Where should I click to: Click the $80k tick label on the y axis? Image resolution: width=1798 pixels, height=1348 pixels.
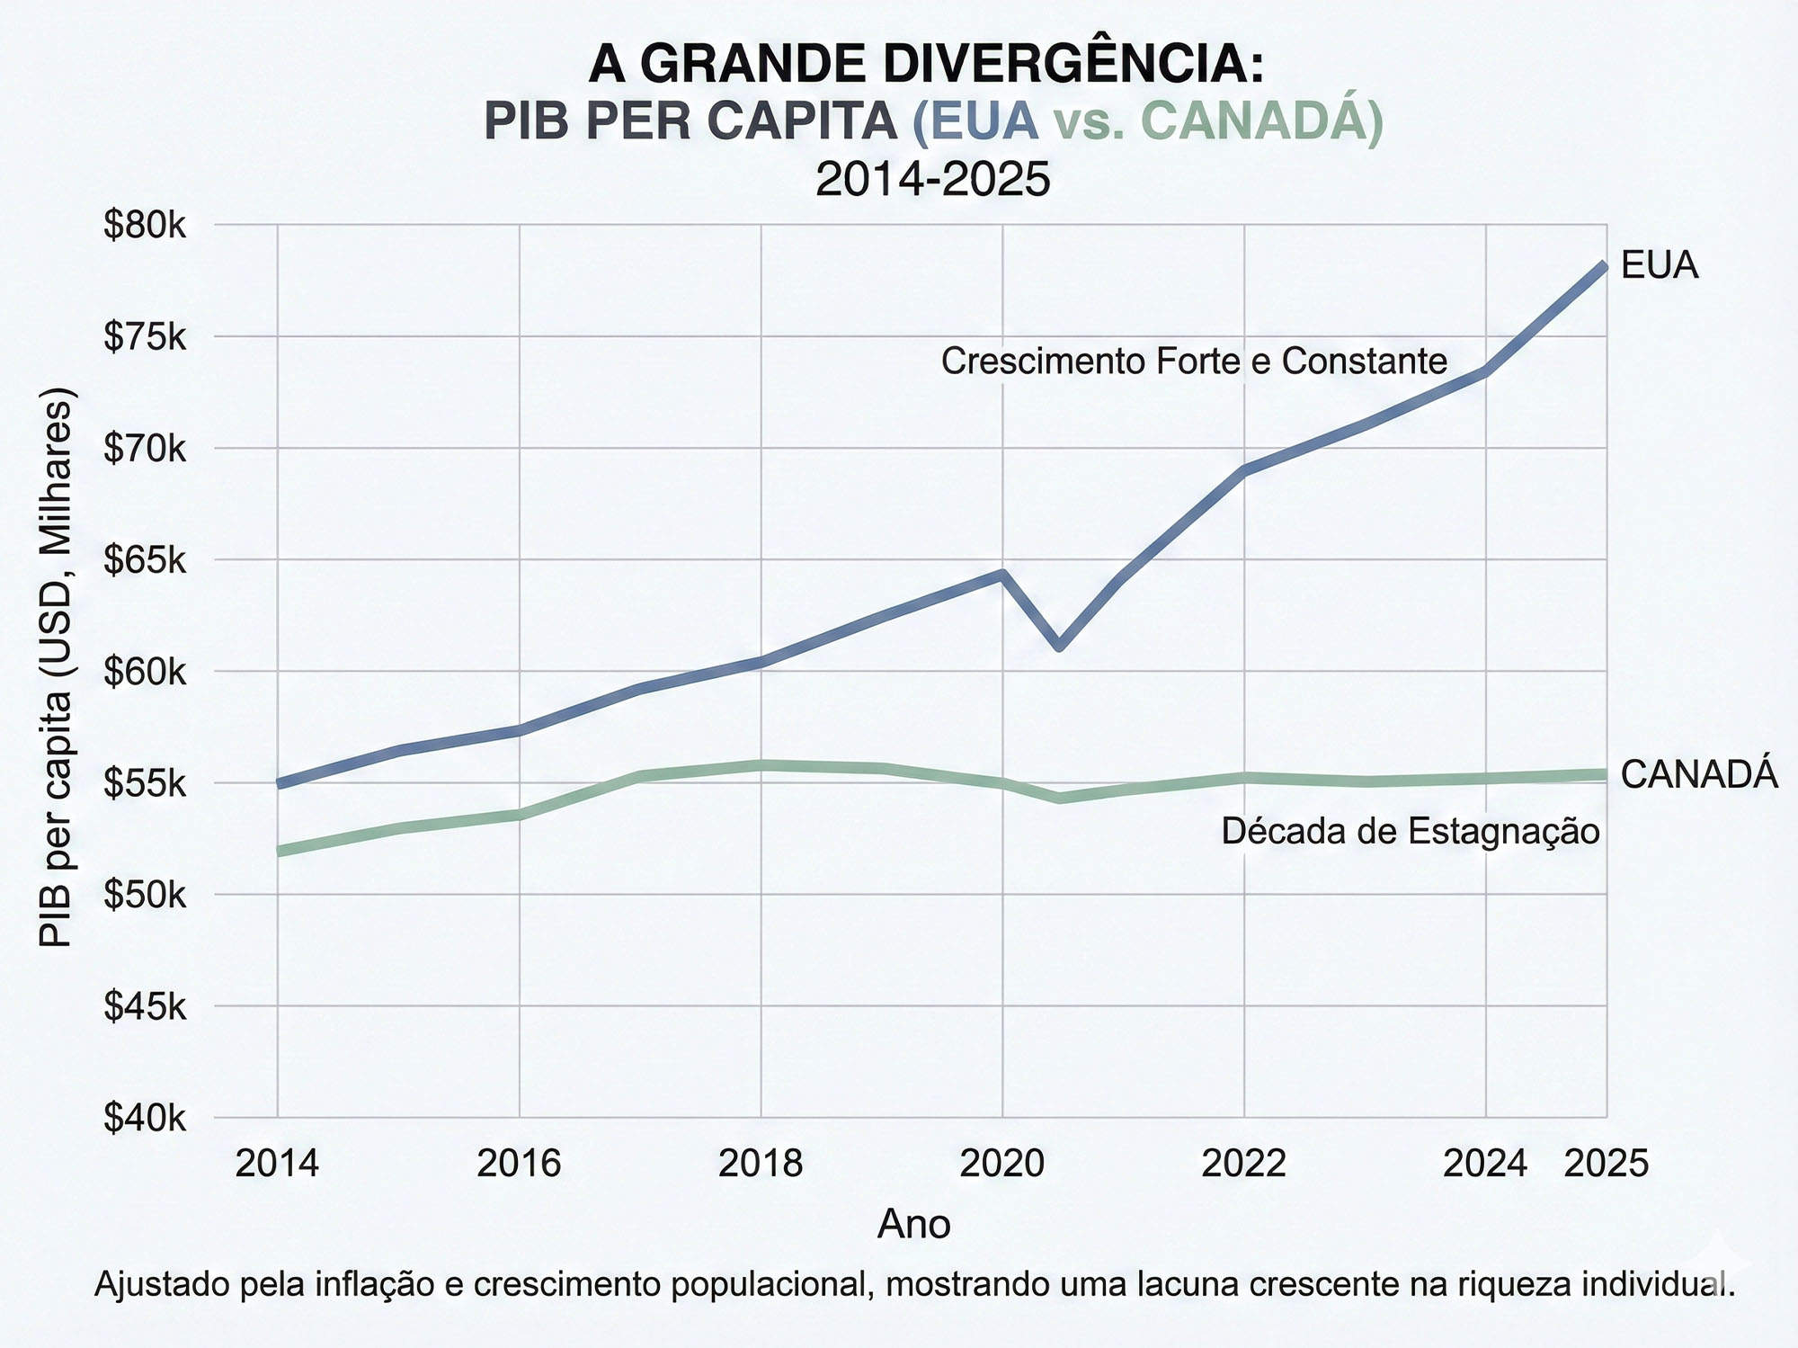tap(144, 226)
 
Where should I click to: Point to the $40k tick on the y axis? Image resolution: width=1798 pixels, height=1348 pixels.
tap(144, 1118)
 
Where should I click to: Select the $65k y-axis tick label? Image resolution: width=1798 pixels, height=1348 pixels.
tap(144, 561)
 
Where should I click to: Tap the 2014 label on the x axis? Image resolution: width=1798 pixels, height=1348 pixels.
tap(277, 1164)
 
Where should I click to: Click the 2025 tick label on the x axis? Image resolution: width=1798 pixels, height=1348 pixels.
tap(1607, 1164)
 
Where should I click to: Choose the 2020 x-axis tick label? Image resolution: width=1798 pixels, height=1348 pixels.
tap(1002, 1164)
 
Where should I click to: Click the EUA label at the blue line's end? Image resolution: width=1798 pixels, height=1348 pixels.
tap(1660, 266)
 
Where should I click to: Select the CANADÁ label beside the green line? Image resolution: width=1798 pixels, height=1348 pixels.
tap(1699, 774)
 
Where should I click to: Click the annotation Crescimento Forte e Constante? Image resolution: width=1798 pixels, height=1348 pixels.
tap(1194, 362)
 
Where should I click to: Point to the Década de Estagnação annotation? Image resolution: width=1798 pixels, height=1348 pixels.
tap(1411, 831)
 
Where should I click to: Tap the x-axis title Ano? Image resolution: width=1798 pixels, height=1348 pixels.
tap(913, 1224)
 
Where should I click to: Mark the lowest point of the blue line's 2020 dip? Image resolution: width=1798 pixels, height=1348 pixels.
tap(1060, 646)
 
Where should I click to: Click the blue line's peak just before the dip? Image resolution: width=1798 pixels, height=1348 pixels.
tap(1001, 574)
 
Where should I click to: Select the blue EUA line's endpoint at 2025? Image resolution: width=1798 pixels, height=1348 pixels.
tap(1605, 266)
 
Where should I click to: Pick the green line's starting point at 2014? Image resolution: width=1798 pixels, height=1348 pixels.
tap(280, 851)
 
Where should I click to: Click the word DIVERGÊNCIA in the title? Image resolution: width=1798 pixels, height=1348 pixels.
tap(1073, 65)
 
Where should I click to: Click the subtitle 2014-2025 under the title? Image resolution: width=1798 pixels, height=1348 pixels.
tap(932, 179)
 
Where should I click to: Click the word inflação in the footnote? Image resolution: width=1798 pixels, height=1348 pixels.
tap(377, 1283)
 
